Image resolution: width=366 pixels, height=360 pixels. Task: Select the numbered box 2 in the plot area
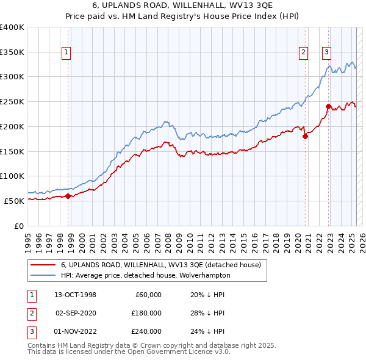tap(303, 52)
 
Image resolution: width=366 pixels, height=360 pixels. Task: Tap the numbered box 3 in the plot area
tap(327, 52)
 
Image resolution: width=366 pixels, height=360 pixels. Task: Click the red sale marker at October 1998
tap(68, 196)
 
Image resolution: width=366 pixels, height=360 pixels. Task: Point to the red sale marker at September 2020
tap(305, 136)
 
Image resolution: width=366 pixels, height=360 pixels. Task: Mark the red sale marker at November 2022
tap(328, 106)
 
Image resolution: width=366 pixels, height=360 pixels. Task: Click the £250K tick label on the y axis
tap(12, 101)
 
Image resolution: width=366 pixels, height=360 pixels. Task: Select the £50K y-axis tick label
tap(15, 201)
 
